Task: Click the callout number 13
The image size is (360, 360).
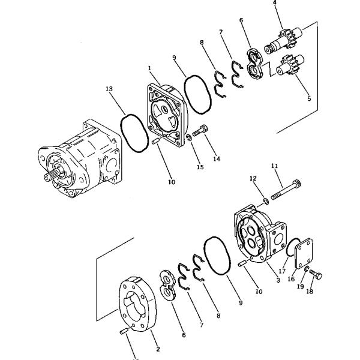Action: click(x=109, y=89)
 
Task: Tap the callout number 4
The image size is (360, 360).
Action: click(x=275, y=3)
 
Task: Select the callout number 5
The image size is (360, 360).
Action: click(x=309, y=98)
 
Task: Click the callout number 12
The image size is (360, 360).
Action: click(x=253, y=178)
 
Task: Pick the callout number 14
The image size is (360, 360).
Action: click(x=216, y=159)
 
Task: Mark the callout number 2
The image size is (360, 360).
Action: click(x=157, y=349)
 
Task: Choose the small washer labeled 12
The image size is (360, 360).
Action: click(x=266, y=199)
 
